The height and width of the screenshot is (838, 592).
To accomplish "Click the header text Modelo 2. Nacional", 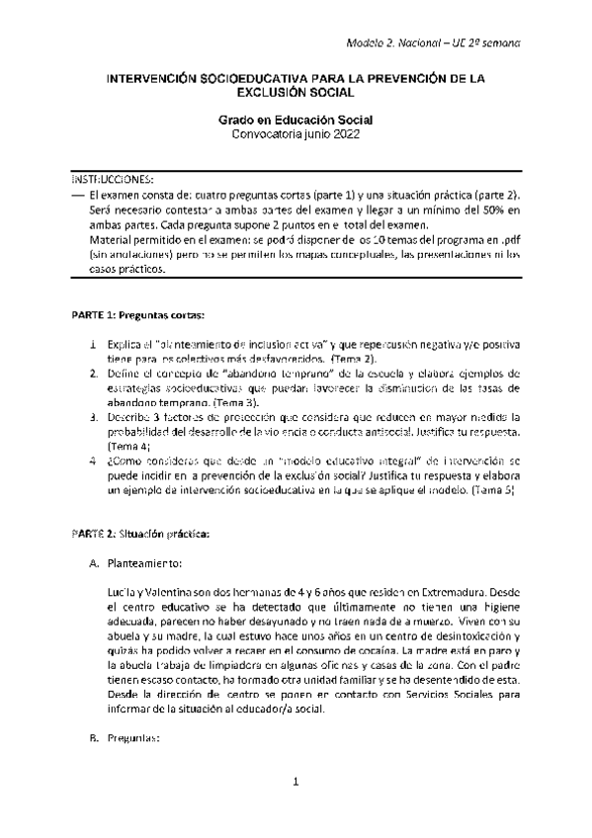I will coord(391,43).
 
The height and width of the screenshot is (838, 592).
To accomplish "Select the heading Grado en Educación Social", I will coord(296,119).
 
